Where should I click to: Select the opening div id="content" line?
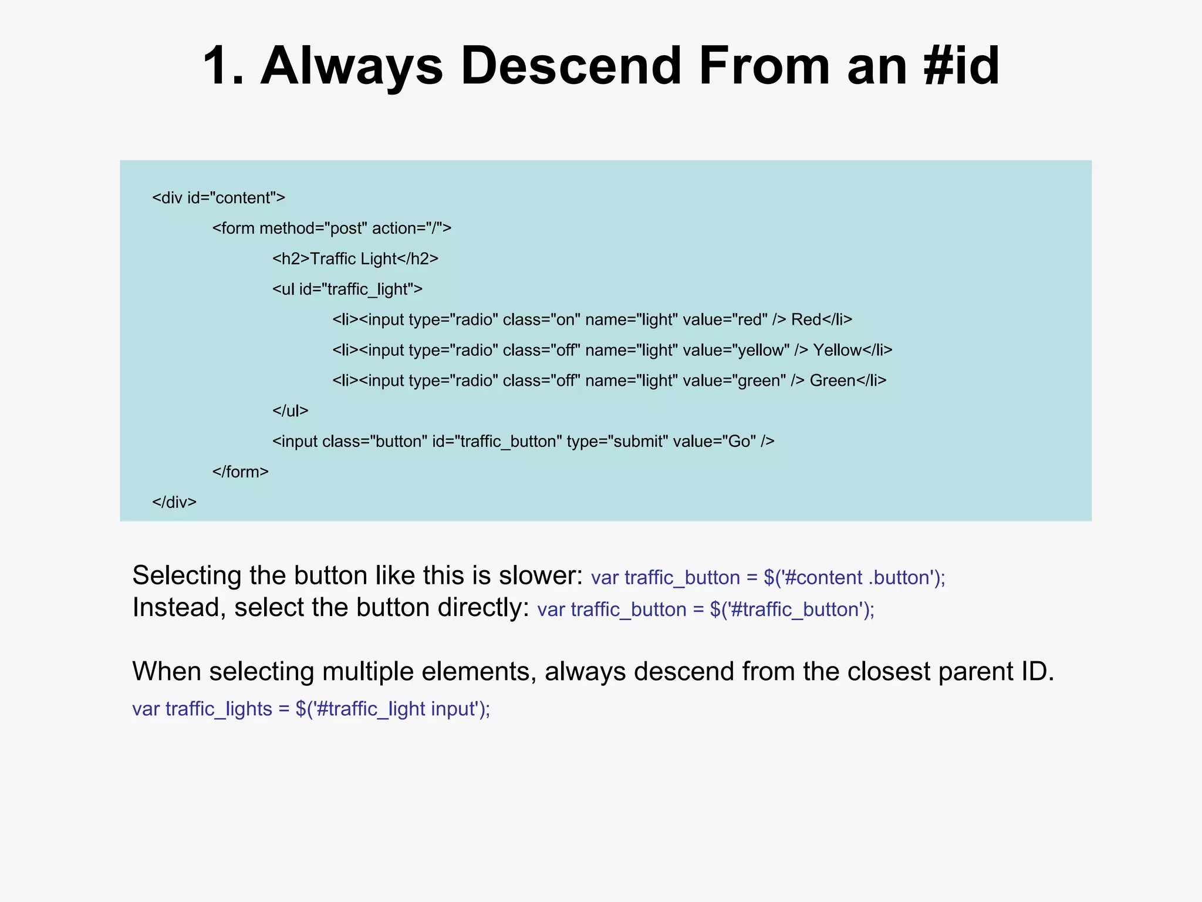(218, 198)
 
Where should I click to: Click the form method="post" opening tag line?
(332, 228)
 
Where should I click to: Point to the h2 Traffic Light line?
(355, 259)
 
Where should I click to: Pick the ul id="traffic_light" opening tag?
(347, 290)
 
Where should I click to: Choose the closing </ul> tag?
(290, 411)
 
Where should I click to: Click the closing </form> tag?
(240, 472)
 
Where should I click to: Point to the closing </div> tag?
(174, 503)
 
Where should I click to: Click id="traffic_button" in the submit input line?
(497, 442)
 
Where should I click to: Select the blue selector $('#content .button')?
(854, 578)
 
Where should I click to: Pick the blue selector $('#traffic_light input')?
(393, 709)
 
